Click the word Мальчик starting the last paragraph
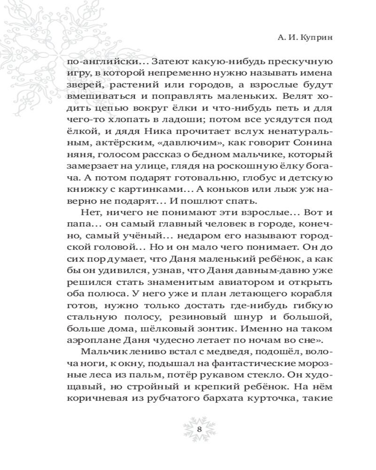(101, 352)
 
